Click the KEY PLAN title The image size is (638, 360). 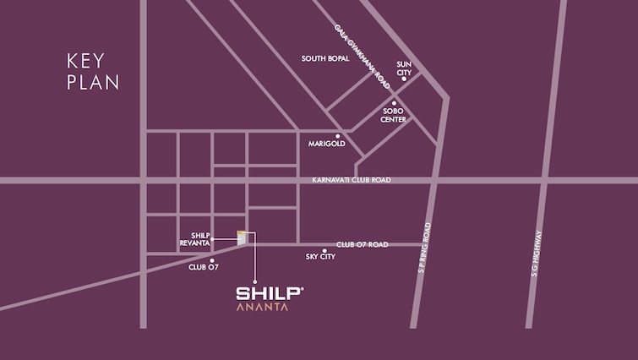93,72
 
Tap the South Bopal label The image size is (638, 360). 326,58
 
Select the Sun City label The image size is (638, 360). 404,68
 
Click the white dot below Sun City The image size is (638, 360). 404,79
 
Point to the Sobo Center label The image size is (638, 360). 394,115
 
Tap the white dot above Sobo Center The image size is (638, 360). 394,103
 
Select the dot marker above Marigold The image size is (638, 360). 337,135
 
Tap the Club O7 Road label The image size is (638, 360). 362,244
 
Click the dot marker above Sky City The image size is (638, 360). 324,250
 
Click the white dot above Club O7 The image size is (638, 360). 211,260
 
